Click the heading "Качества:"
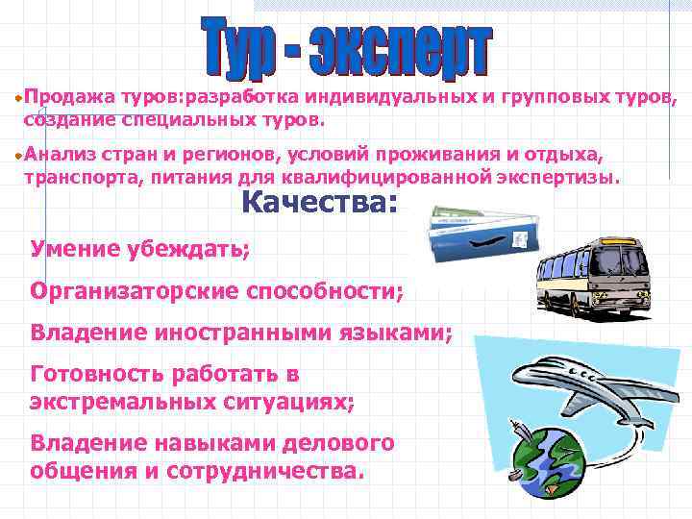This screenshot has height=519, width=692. [318, 203]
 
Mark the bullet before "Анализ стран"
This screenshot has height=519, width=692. [18, 156]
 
